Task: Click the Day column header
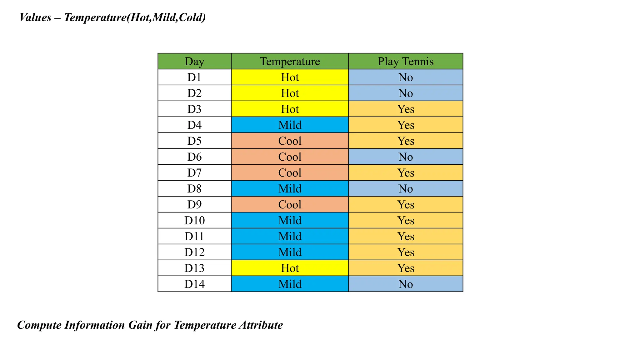click(x=194, y=61)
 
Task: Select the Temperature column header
click(x=290, y=61)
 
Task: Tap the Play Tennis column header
click(x=405, y=61)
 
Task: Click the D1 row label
click(x=194, y=77)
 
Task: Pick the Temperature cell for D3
click(x=290, y=109)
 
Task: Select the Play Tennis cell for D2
click(x=405, y=93)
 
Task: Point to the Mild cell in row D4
click(x=290, y=125)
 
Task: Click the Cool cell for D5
click(x=290, y=141)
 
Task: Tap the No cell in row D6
click(x=405, y=157)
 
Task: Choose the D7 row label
click(x=194, y=173)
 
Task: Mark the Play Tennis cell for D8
click(x=405, y=189)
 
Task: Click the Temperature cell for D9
click(x=290, y=205)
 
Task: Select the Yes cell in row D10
click(x=405, y=221)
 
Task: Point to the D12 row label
click(x=194, y=252)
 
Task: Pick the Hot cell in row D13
click(x=290, y=268)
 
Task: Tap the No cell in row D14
click(x=405, y=284)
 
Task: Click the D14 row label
click(x=194, y=284)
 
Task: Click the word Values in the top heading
click(x=35, y=17)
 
